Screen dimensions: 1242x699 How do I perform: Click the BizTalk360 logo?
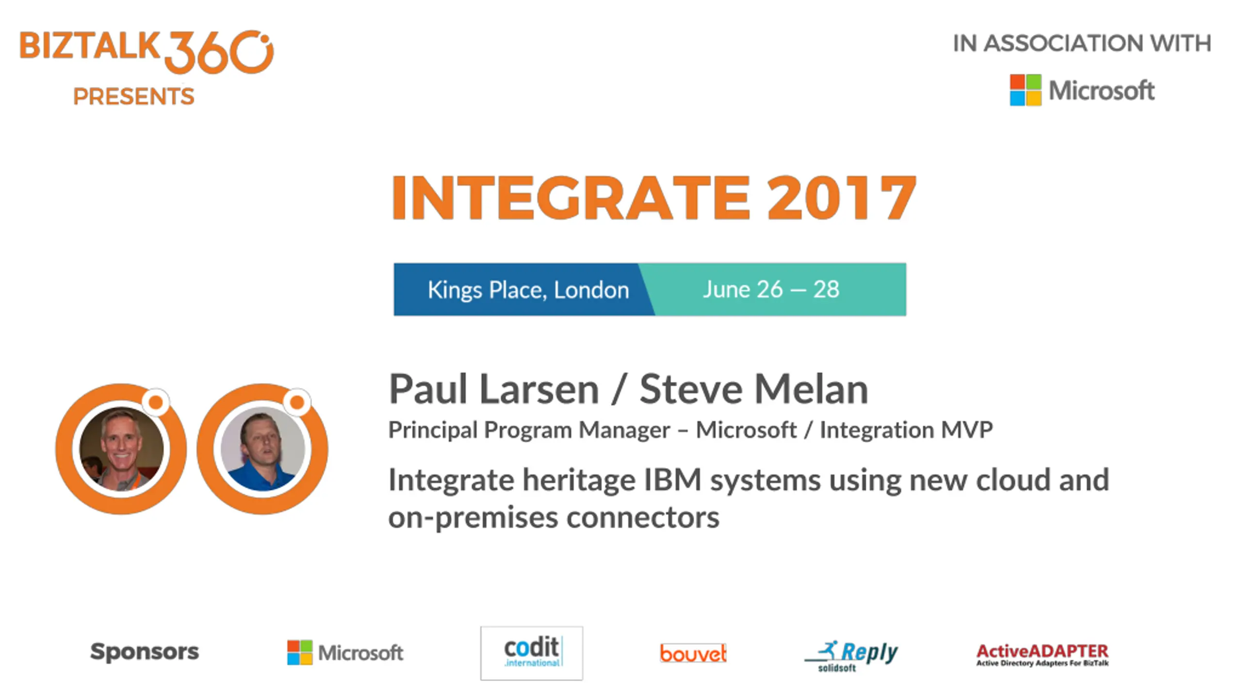pos(147,52)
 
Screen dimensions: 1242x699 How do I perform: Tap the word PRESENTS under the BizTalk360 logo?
pos(134,96)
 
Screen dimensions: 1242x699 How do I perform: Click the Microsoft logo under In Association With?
pos(1082,90)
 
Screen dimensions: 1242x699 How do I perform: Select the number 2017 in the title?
pos(842,198)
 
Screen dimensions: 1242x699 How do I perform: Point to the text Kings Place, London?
pos(528,290)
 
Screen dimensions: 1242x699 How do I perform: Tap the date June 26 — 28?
pos(771,289)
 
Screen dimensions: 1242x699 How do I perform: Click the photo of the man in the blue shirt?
pos(263,449)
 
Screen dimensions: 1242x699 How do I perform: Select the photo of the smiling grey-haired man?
pos(121,449)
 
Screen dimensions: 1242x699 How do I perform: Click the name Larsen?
pos(539,389)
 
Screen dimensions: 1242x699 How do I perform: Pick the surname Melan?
pos(811,389)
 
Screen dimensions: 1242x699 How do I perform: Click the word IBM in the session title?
pos(672,480)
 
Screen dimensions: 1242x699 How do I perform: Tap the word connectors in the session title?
pos(643,517)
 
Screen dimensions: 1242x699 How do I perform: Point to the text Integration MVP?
pos(906,430)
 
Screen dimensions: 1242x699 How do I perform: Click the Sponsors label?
pos(145,651)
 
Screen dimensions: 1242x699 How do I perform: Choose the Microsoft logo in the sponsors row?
pos(345,652)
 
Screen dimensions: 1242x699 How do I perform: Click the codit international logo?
pos(532,653)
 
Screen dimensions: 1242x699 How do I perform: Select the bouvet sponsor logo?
pos(693,653)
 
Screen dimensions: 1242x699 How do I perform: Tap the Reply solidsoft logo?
pos(851,655)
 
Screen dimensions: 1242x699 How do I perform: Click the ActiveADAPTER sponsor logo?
pos(1043,655)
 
